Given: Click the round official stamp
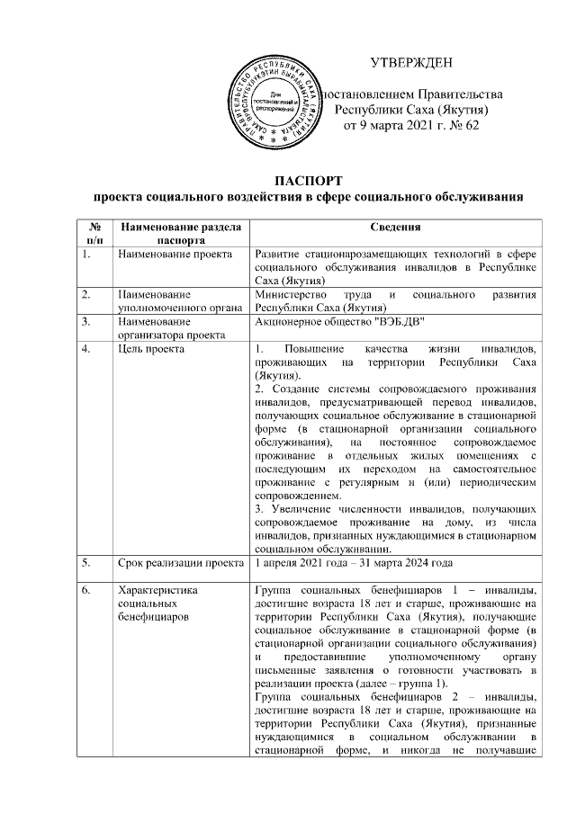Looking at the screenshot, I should tap(277, 100).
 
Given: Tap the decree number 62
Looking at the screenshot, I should tap(472, 125).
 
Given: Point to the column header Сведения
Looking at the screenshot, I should tap(402, 228).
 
